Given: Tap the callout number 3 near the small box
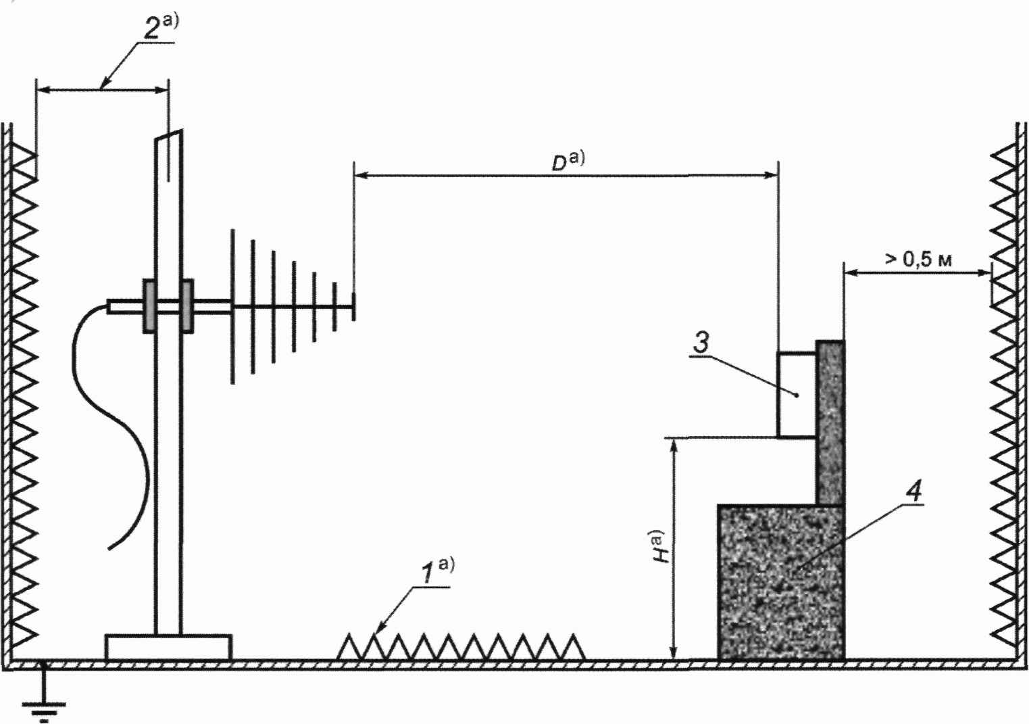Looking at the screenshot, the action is (701, 342).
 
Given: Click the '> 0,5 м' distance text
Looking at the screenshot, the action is (918, 260).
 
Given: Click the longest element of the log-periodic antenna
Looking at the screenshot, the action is (233, 306).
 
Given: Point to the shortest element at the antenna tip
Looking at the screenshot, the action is (354, 307).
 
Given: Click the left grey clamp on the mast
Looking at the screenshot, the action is (149, 306).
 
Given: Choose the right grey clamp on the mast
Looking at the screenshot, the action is (187, 306).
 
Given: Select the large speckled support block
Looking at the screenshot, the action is (781, 583).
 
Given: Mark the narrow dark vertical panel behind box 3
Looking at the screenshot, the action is (830, 423).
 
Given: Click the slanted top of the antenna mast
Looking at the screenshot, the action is (168, 135).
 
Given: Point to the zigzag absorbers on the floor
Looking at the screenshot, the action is (461, 648).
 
